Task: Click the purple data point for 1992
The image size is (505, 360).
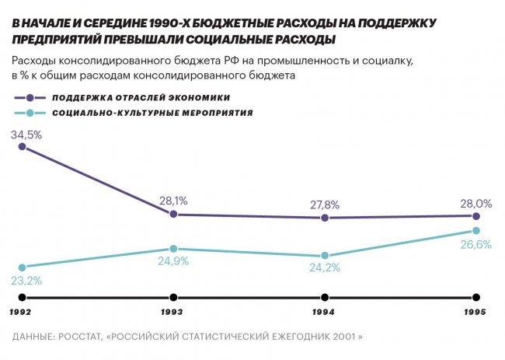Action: coord(23,145)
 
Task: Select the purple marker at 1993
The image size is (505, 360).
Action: coord(173,214)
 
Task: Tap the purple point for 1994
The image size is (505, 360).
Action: coord(325,218)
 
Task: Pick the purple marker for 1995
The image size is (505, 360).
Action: coord(476,216)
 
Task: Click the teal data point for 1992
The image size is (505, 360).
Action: coord(23,267)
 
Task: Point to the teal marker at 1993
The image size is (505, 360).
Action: coord(173,248)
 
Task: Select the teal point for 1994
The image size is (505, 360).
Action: coord(325,256)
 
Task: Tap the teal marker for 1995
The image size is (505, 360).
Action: coord(476,231)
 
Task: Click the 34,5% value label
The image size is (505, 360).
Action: coord(26,134)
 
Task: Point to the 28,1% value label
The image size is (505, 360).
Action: coord(173,201)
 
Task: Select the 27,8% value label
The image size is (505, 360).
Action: coord(325,204)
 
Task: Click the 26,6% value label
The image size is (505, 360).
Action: coord(476,245)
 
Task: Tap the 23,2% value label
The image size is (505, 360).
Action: coord(26,281)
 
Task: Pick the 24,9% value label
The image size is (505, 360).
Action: coord(173,262)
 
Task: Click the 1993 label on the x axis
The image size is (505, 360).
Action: coord(172,313)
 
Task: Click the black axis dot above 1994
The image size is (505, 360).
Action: coord(325,297)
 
